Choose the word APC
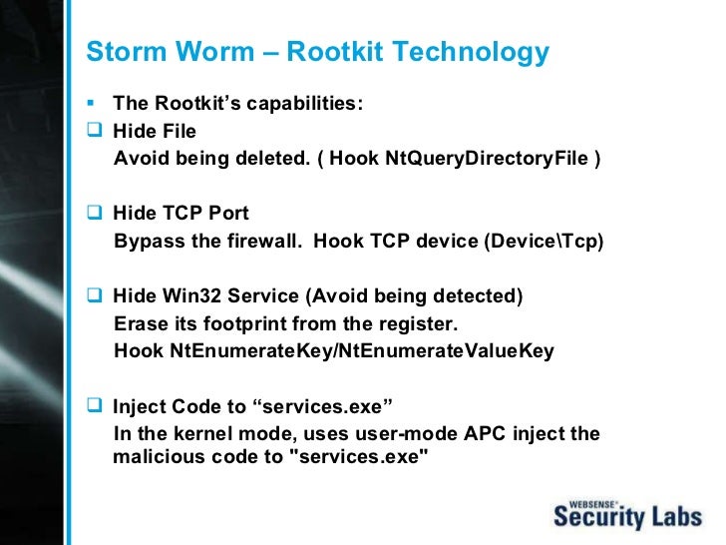(x=482, y=434)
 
